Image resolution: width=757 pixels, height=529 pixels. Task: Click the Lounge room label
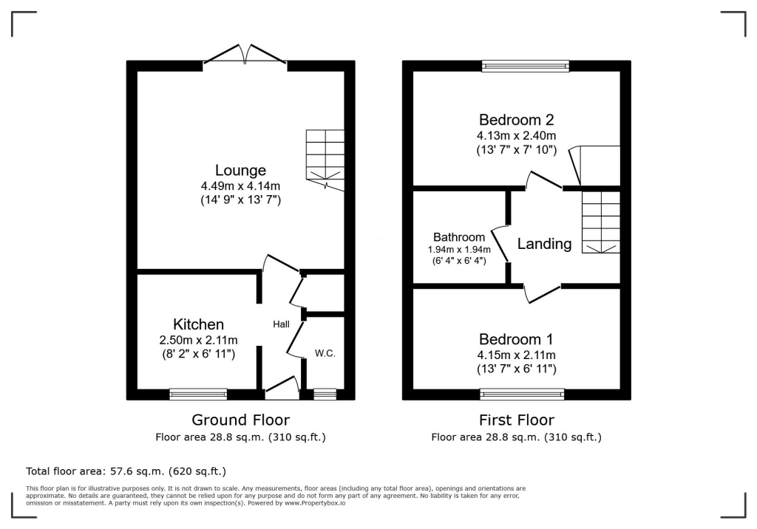(x=240, y=171)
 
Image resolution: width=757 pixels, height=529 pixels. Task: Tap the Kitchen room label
(x=198, y=324)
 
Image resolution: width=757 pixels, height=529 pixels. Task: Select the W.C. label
(x=325, y=353)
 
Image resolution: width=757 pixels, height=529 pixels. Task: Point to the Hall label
(x=281, y=324)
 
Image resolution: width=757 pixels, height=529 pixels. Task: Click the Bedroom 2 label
(x=516, y=120)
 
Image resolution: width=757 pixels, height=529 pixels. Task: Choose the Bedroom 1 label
(x=516, y=340)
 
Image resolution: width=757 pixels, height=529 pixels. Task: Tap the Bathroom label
(x=459, y=237)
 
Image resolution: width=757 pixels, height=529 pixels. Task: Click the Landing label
(x=544, y=244)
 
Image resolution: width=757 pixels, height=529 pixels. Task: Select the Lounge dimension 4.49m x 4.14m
(x=240, y=185)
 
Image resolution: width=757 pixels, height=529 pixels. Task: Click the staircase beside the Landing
(x=600, y=222)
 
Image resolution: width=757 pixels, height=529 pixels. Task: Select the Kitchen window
(x=198, y=394)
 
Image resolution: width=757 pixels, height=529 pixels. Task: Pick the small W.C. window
(x=325, y=394)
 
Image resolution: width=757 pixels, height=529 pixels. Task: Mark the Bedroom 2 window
(x=526, y=66)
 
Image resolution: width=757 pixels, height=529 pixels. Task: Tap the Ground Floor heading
(x=240, y=420)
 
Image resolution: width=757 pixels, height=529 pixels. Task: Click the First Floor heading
(x=516, y=420)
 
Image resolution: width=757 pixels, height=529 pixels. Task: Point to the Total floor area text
(x=126, y=471)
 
